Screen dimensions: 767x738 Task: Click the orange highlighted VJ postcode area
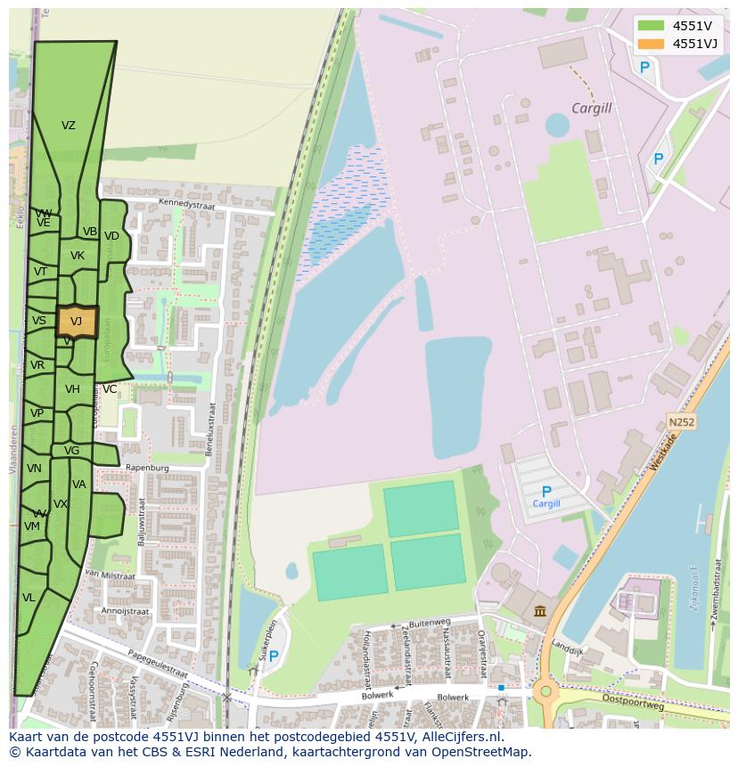(x=77, y=322)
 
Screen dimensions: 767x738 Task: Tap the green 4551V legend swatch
(x=651, y=25)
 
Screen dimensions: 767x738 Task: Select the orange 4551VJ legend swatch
(x=651, y=43)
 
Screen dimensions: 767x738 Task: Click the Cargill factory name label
(x=591, y=108)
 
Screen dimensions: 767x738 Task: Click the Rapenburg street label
(x=148, y=467)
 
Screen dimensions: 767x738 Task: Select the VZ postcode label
(x=69, y=126)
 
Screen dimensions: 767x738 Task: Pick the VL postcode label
(x=29, y=598)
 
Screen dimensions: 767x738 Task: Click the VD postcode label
(x=111, y=236)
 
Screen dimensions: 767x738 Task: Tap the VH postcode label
(x=72, y=389)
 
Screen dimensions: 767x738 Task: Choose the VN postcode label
(x=34, y=469)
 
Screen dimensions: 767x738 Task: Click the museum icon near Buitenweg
(x=541, y=610)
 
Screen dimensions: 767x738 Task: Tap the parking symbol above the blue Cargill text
(x=546, y=491)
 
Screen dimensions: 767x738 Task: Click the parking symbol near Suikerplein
(x=274, y=657)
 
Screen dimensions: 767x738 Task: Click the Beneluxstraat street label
(x=211, y=428)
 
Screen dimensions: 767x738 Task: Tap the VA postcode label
(x=79, y=485)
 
